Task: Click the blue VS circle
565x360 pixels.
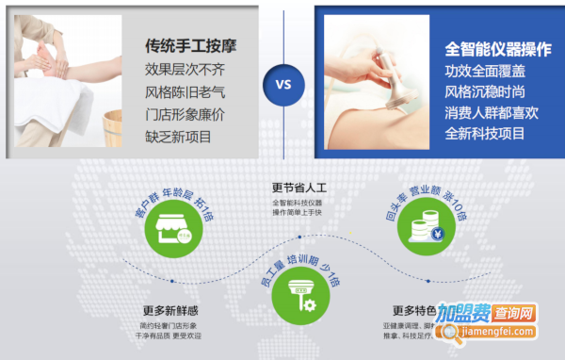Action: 283,82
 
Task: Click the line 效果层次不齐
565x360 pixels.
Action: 186,70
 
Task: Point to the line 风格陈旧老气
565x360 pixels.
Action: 186,92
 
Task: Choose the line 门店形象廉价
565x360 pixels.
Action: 186,115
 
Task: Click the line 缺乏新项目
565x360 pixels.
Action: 178,138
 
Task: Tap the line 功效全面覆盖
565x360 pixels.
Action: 485,70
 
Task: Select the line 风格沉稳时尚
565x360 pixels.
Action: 485,91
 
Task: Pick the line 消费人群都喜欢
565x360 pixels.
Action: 492,113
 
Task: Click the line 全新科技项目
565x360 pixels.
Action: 485,135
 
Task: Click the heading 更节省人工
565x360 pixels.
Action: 298,187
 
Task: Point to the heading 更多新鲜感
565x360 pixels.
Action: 169,311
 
